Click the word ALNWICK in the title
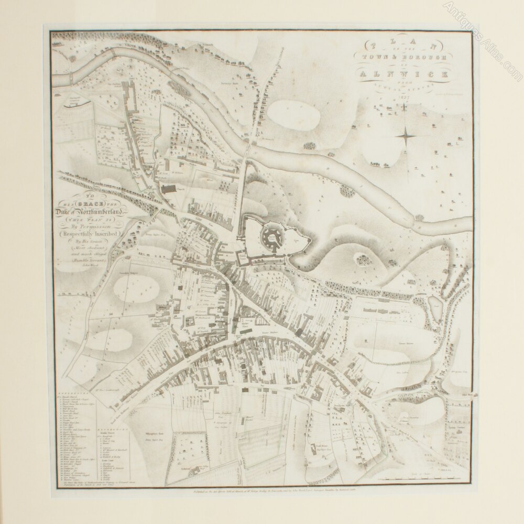click(403, 74)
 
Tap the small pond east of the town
click(434, 302)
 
